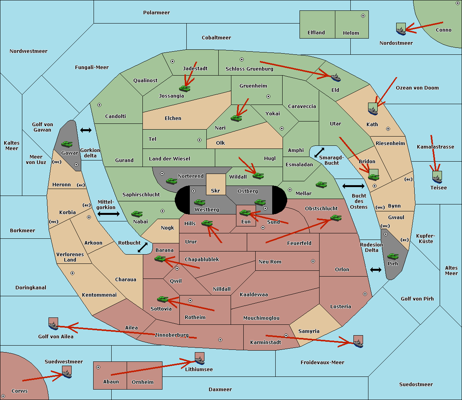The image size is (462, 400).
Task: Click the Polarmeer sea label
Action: click(156, 13)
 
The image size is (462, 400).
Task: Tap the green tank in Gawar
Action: click(67, 144)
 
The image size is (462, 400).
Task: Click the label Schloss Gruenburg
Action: click(249, 69)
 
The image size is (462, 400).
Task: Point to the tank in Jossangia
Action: click(185, 88)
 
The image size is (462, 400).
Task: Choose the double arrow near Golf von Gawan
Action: click(86, 130)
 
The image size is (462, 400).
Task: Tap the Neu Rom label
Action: click(270, 262)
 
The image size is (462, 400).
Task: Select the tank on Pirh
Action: click(393, 256)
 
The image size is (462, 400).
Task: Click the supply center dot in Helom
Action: click(363, 16)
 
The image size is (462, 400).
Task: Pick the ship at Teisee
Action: click(437, 178)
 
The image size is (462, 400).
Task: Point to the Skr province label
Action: click(216, 191)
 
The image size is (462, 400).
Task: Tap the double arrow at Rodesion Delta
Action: click(376, 270)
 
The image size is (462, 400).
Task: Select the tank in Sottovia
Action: click(163, 299)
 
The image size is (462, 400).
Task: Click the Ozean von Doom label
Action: click(417, 88)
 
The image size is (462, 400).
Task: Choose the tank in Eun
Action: click(245, 213)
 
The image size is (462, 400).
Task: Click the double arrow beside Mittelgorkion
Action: click(109, 214)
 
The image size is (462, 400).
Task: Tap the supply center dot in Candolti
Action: click(99, 105)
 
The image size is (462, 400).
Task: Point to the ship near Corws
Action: click(67, 373)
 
